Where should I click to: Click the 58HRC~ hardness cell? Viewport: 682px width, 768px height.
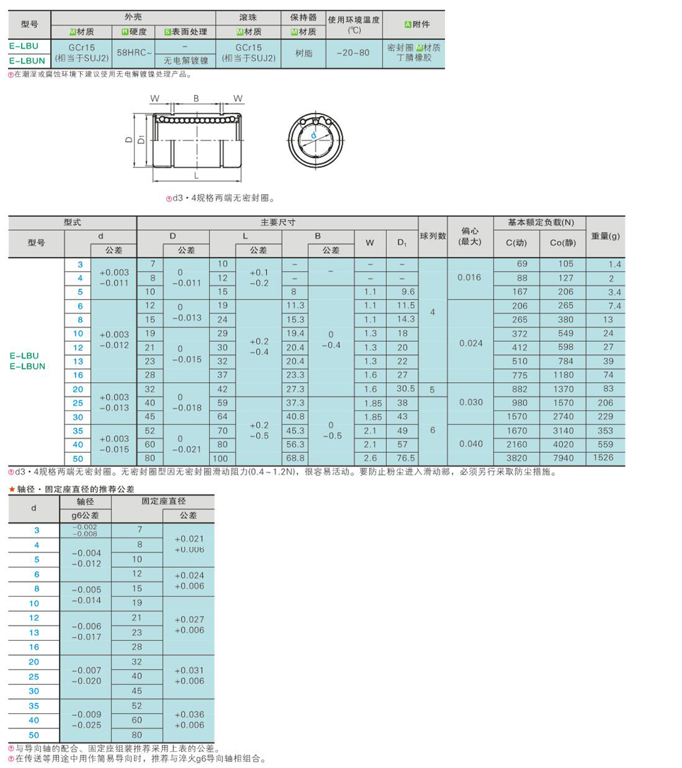[x=134, y=53]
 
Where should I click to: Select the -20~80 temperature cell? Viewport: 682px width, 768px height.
[x=353, y=53]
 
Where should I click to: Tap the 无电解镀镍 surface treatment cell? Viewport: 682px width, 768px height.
[x=185, y=60]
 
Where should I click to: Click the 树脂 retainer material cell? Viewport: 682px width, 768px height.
[x=304, y=53]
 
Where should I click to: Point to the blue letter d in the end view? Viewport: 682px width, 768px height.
[x=313, y=135]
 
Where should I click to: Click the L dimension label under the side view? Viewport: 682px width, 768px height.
[x=197, y=176]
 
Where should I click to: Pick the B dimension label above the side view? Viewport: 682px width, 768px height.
[x=196, y=99]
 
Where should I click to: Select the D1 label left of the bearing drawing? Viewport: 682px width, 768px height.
[x=141, y=139]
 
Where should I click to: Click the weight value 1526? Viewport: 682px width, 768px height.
[x=603, y=458]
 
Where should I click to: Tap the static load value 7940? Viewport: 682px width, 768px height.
[x=563, y=458]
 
